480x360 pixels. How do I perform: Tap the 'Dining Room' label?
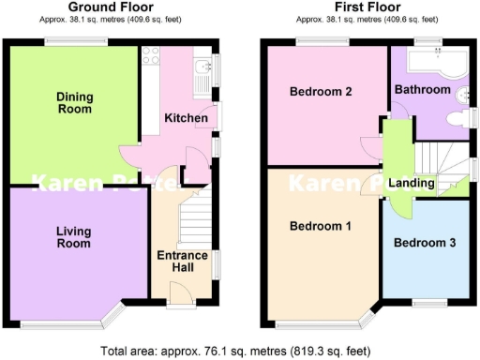[74, 103]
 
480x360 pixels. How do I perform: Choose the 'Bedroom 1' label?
[321, 226]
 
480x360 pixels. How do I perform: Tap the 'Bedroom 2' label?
[321, 92]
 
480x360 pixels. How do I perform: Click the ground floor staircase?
[192, 217]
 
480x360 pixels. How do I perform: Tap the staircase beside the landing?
[436, 155]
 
